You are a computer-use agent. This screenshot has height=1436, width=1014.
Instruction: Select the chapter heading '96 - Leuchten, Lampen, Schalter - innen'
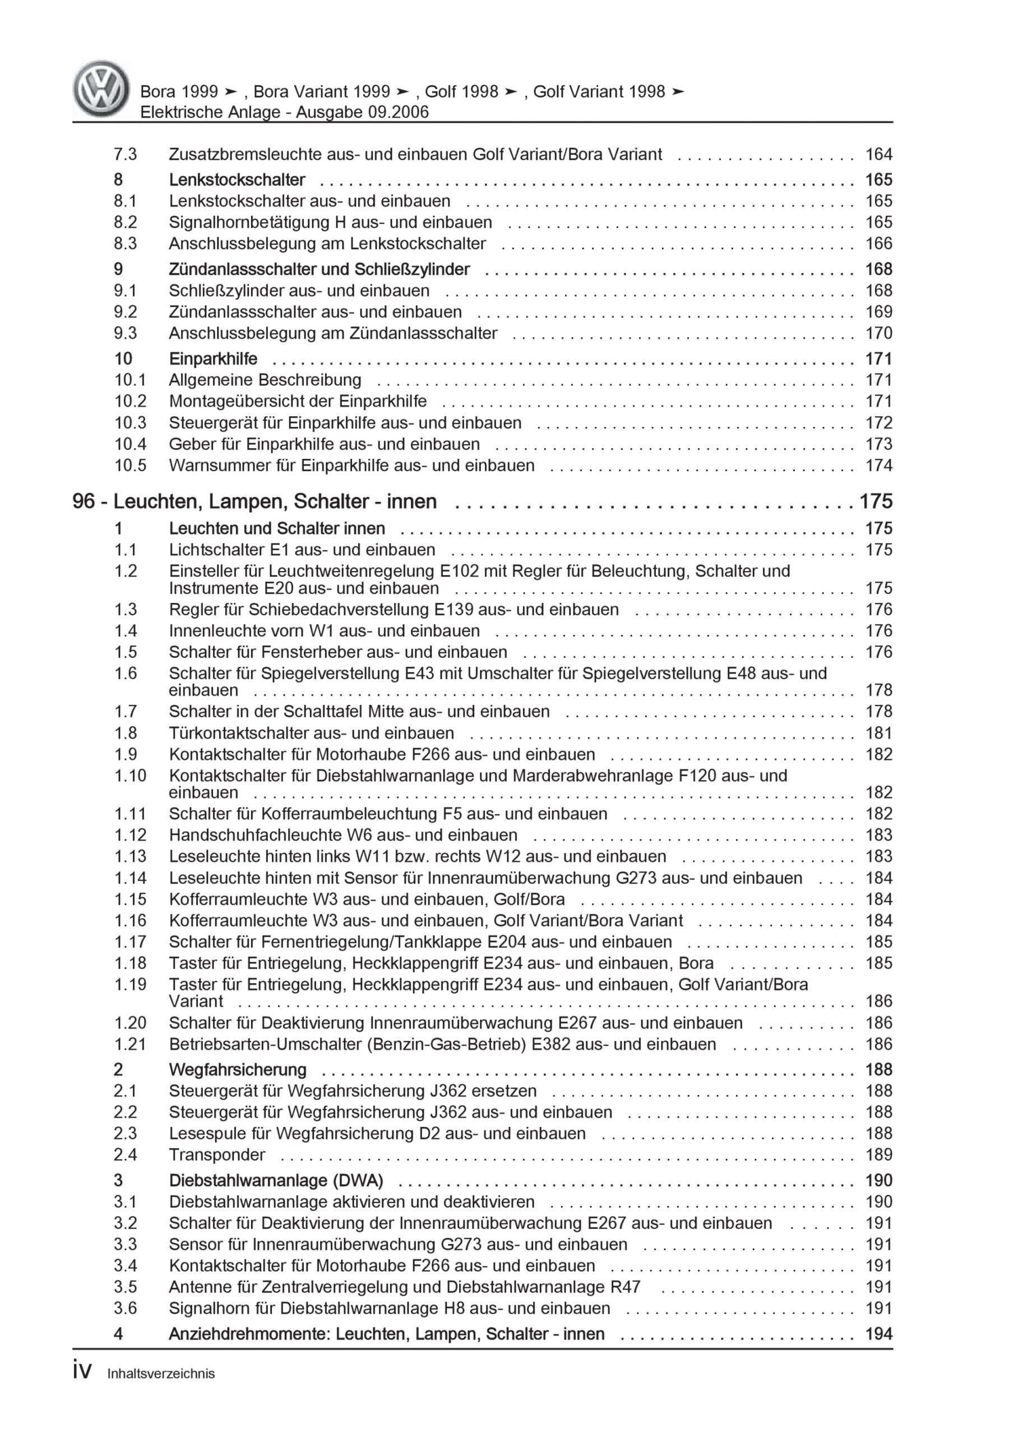[x=254, y=501]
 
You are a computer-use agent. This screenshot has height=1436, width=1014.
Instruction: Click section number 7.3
[x=125, y=154]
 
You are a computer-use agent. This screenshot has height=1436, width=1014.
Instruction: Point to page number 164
[x=878, y=154]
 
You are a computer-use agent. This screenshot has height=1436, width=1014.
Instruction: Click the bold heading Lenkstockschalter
[x=237, y=180]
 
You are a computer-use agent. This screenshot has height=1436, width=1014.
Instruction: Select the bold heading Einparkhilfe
[x=213, y=359]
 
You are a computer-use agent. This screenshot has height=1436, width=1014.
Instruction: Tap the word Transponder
[x=217, y=1155]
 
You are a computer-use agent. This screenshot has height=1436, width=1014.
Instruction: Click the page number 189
[x=878, y=1155]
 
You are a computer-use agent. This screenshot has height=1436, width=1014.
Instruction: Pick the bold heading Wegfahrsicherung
[x=238, y=1070]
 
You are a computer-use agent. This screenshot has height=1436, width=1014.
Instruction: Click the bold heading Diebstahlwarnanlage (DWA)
[x=276, y=1181]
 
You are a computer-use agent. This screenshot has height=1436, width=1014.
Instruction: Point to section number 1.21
[x=129, y=1044]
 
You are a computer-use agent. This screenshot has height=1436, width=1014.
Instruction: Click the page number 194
[x=878, y=1334]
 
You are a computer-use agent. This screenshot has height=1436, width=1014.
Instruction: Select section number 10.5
[x=129, y=466]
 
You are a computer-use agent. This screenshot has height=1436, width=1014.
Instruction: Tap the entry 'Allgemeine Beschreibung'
[x=265, y=380]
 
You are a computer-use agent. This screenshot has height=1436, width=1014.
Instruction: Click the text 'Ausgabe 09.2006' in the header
[x=363, y=113]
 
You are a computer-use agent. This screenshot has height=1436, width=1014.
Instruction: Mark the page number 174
[x=878, y=466]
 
